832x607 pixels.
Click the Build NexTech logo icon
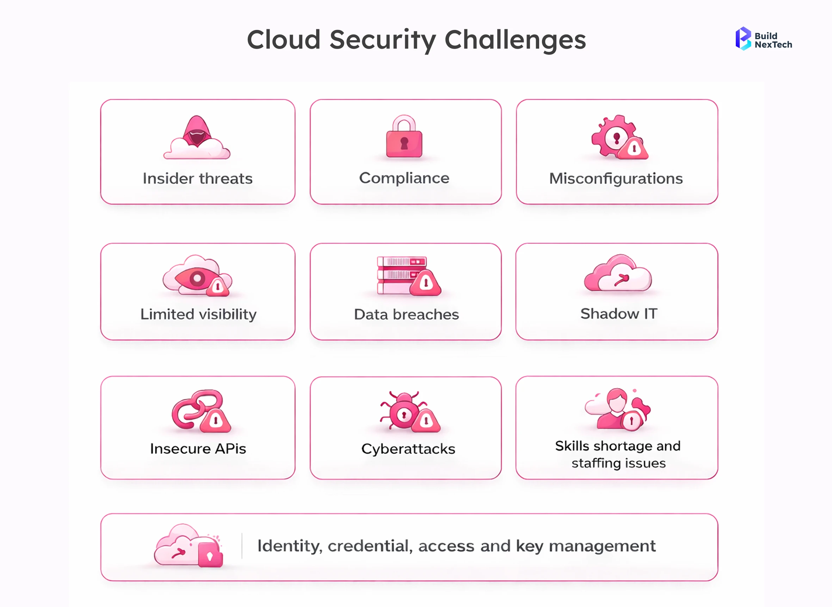[x=743, y=38]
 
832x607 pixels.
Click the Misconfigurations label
[x=616, y=179]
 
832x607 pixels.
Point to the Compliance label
[x=404, y=178]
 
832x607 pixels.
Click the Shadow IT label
[x=618, y=314]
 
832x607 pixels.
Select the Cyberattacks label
[x=408, y=449]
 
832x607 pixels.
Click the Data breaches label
[x=406, y=314]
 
